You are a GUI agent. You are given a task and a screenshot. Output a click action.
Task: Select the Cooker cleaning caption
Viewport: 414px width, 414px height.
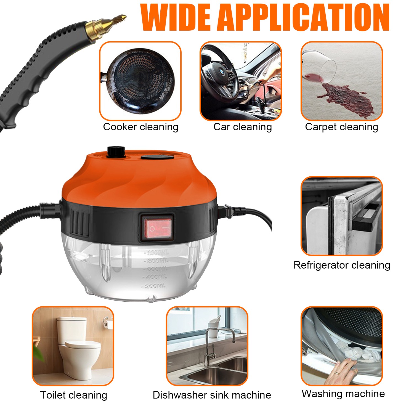(140, 127)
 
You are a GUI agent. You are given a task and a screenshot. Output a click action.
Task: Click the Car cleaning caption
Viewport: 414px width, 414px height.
(242, 127)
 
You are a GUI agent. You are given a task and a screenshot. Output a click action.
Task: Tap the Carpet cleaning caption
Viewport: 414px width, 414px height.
(341, 127)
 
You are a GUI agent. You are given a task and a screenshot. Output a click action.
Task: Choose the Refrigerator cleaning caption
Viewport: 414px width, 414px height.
(342, 265)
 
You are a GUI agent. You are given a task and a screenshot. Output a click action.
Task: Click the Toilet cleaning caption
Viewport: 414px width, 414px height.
(73, 395)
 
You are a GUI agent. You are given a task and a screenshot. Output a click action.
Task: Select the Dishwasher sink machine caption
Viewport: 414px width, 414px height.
(212, 395)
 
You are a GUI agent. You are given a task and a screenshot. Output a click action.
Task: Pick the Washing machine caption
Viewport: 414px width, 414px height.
(343, 394)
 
